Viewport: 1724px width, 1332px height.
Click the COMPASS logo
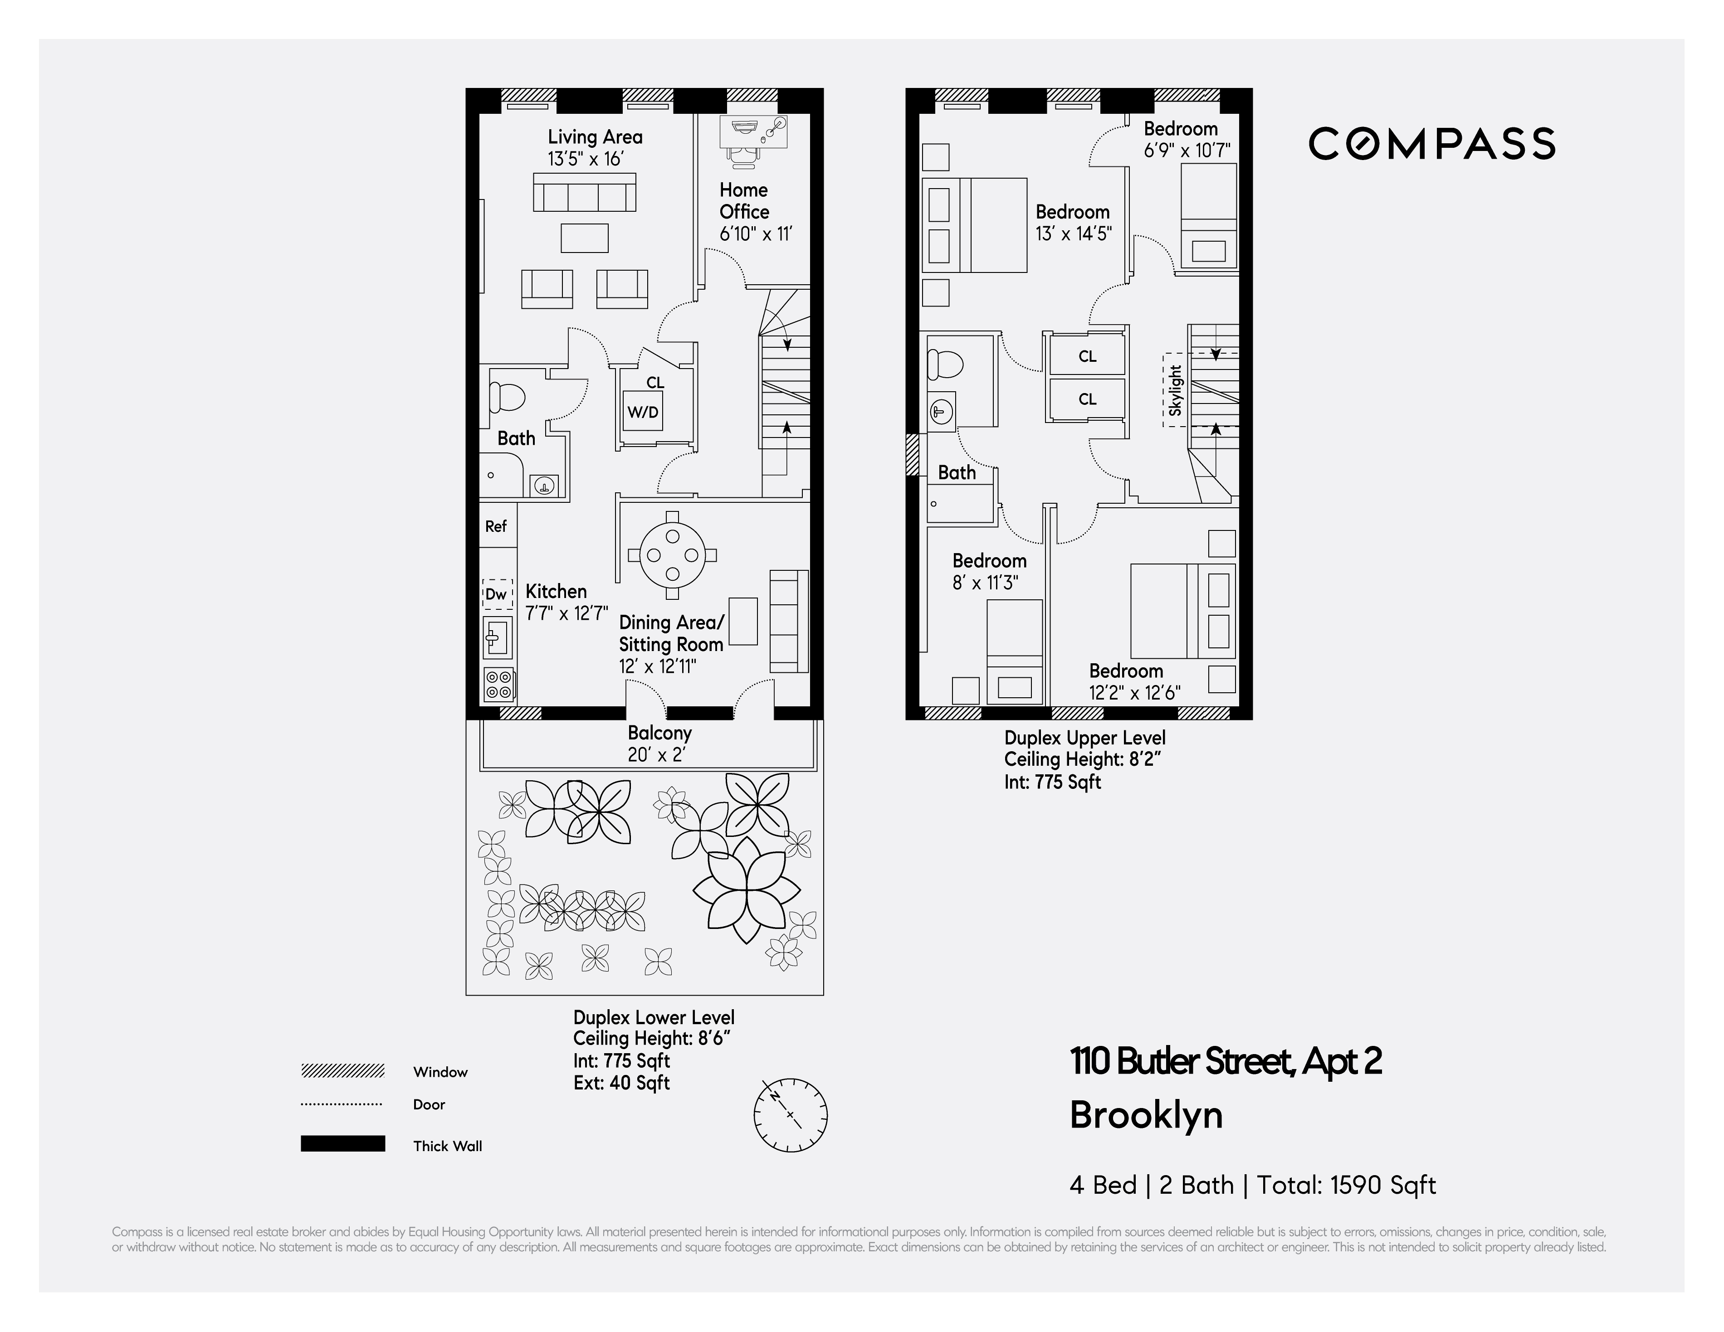tap(1431, 144)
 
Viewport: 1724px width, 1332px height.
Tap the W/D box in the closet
tap(643, 412)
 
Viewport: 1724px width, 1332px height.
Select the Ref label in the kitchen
tap(496, 526)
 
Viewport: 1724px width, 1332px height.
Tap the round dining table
tap(672, 555)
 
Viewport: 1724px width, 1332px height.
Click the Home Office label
tap(743, 201)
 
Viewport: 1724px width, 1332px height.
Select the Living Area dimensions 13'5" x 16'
tap(585, 159)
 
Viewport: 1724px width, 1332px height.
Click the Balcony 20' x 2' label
tap(659, 744)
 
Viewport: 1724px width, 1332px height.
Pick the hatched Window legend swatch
tap(342, 1071)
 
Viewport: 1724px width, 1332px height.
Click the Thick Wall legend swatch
tap(342, 1143)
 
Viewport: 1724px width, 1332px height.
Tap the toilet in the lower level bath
tap(507, 397)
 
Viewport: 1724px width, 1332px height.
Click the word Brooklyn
tap(1145, 1115)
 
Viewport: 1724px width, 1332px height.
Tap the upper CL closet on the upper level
tap(1087, 356)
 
